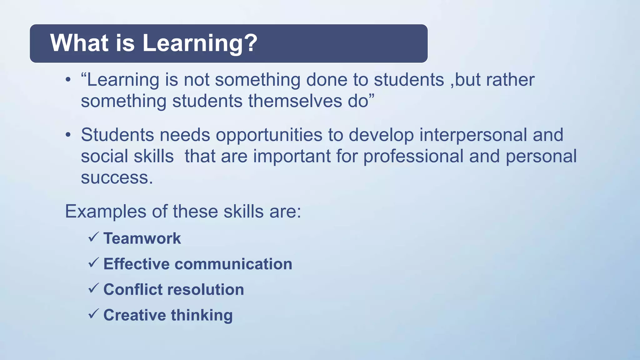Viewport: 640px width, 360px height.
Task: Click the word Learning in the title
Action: click(x=192, y=43)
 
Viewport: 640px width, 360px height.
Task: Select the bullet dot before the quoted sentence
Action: click(x=68, y=80)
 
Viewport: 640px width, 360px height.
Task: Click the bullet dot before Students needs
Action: click(x=68, y=135)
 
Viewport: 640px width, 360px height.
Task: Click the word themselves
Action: click(x=295, y=101)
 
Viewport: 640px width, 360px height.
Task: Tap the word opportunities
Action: click(x=269, y=135)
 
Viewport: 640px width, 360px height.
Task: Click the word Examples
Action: click(x=106, y=212)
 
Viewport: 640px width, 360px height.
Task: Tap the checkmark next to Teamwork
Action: click(x=93, y=237)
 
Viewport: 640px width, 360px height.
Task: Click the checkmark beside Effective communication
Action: click(x=93, y=262)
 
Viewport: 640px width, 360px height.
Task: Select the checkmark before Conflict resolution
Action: click(x=93, y=288)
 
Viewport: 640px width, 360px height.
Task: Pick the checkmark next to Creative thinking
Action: click(x=93, y=313)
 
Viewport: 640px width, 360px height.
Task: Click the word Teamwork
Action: click(x=142, y=238)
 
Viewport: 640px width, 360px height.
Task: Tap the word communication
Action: click(x=233, y=264)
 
